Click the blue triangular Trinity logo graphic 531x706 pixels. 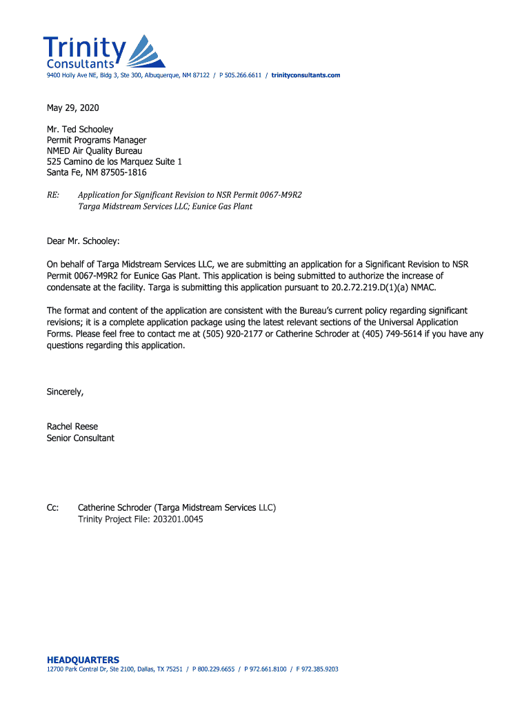coord(146,52)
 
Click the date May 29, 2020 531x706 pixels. coord(72,108)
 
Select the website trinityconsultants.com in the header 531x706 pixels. coord(305,75)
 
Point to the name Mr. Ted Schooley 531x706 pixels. coord(80,129)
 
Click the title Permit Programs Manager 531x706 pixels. coord(97,140)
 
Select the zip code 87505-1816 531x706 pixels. coord(123,172)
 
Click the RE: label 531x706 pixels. coord(53,195)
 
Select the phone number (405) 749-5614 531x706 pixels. coord(392,334)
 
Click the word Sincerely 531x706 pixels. coord(64,392)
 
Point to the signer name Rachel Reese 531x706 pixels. coord(72,427)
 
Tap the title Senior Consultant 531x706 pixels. coord(81,438)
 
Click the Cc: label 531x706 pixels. coord(52,508)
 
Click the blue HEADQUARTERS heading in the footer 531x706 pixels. coord(83,660)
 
